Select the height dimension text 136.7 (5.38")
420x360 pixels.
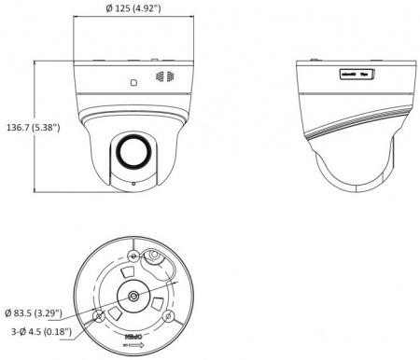[33, 127]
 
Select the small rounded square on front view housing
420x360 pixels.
[133, 81]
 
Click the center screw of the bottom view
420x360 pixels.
[135, 296]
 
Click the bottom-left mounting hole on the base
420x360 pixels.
[98, 317]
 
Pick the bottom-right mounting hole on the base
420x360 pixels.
[169, 318]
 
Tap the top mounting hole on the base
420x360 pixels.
[135, 255]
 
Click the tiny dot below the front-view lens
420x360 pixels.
[133, 183]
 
